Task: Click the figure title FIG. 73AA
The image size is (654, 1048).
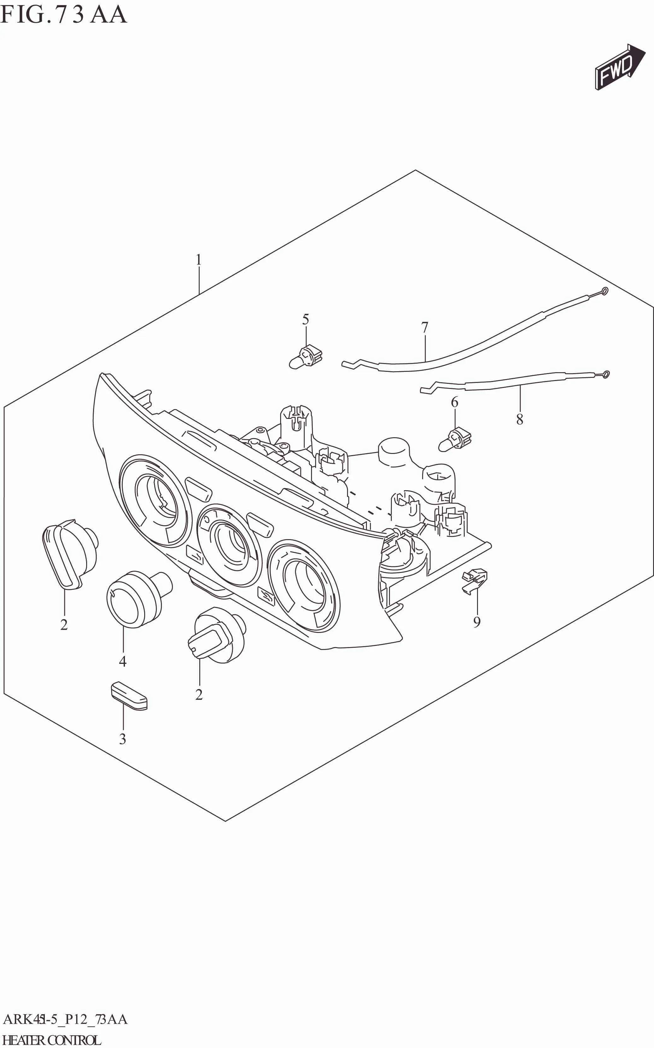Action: pos(64,14)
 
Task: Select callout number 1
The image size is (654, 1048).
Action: pos(198,260)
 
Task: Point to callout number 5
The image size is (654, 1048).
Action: pos(305,320)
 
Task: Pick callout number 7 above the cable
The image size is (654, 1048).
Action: pos(424,328)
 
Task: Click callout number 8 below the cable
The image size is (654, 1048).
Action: pos(520,419)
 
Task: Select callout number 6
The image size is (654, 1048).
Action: pos(454,402)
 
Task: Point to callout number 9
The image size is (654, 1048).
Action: pos(477,622)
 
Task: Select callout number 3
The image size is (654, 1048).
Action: pos(123,739)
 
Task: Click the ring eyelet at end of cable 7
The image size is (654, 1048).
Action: pos(605,290)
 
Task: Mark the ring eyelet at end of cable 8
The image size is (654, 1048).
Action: pos(606,374)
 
